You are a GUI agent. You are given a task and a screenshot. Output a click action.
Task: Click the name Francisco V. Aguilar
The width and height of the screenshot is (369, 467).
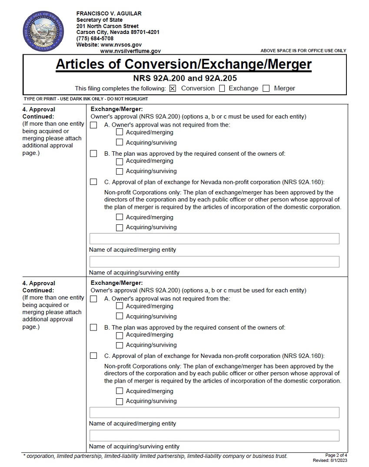tap(109, 13)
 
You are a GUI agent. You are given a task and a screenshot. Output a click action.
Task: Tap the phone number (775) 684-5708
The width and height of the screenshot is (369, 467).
tap(95, 39)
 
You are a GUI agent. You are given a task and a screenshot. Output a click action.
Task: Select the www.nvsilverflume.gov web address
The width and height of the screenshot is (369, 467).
tap(130, 51)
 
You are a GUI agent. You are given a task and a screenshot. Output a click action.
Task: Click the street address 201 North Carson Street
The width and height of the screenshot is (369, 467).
tap(107, 26)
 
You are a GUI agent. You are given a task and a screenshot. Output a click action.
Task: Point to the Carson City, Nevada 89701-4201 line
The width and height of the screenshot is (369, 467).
tap(118, 32)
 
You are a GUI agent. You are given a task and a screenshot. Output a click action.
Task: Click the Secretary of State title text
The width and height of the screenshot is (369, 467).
tap(99, 20)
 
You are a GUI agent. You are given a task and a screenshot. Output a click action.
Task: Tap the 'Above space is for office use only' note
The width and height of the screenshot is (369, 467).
tap(303, 50)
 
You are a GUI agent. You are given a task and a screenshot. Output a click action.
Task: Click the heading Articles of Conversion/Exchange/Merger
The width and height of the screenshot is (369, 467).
tap(183, 64)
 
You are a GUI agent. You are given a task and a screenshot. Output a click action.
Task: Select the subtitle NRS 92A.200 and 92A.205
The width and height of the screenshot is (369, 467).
tap(185, 79)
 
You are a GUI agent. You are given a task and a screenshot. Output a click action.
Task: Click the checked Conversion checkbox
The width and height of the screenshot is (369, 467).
tap(173, 89)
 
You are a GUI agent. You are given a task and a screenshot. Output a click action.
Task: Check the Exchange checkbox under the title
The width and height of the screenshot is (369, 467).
tap(222, 89)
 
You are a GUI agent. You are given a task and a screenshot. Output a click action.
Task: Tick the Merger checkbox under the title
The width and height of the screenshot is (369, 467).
tap(266, 89)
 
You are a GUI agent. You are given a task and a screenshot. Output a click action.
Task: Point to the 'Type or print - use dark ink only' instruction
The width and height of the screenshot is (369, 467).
tap(86, 99)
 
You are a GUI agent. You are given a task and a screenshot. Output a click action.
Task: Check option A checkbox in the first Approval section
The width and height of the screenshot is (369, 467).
tap(93, 125)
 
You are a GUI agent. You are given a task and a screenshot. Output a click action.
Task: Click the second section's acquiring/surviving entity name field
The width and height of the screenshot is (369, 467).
tap(214, 435)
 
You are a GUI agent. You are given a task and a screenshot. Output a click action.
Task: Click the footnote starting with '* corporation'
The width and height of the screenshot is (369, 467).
tap(155, 456)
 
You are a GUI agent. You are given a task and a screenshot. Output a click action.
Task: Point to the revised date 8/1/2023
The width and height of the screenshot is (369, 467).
tap(330, 460)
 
